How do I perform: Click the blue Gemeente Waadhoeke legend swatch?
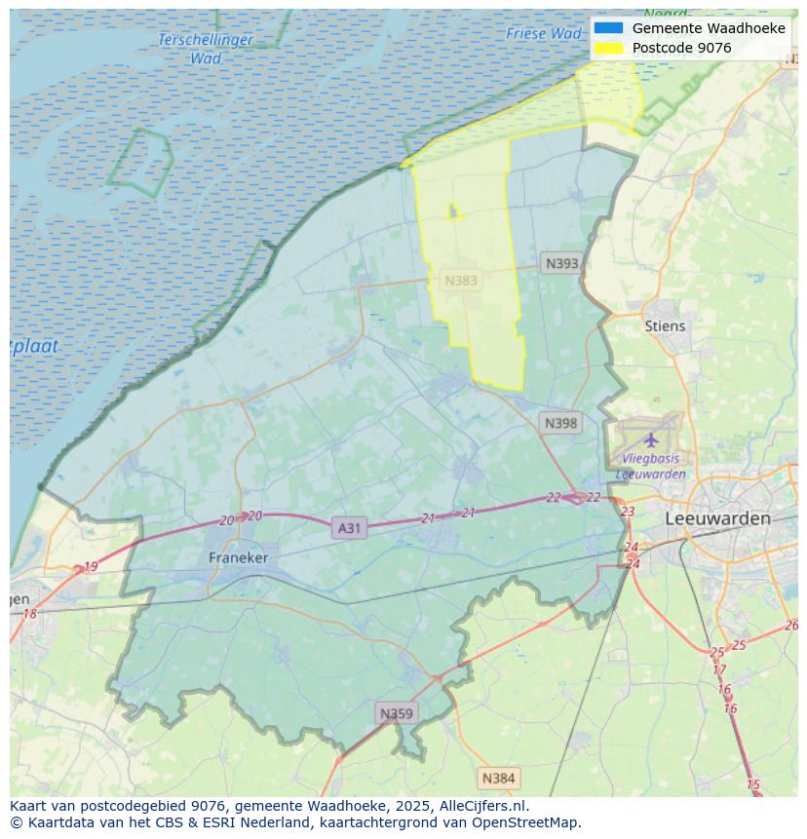[607, 28]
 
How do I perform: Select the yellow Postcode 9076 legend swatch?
[607, 48]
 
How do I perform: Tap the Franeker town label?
[238, 557]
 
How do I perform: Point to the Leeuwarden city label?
[717, 518]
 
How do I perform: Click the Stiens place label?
[665, 326]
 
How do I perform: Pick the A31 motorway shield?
[348, 528]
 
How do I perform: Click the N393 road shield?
[561, 263]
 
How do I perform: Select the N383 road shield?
[461, 281]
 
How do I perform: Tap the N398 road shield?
[560, 423]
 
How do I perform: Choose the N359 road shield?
[396, 713]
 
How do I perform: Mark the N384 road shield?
[498, 778]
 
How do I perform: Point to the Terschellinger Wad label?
[206, 49]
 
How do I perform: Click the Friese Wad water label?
[543, 34]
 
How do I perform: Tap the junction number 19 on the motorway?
[91, 566]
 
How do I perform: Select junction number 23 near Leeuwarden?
[628, 512]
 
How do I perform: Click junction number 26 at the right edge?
[790, 626]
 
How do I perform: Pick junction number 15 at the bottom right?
[752, 784]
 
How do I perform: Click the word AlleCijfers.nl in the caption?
[480, 806]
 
